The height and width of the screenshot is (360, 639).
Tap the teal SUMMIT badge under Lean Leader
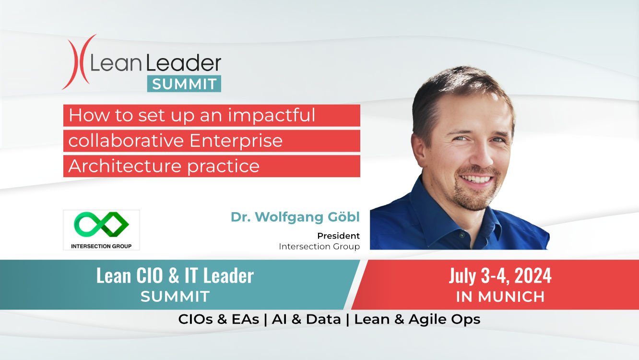pyautogui.click(x=184, y=84)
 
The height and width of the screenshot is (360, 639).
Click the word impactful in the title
pyautogui.click(x=272, y=116)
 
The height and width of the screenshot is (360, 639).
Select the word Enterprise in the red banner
pyautogui.click(x=236, y=141)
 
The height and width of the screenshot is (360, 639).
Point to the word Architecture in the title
pyautogui.click(x=125, y=166)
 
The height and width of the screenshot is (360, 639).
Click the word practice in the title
pyautogui.click(x=224, y=167)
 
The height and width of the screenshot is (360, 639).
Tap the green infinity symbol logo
pyautogui.click(x=101, y=224)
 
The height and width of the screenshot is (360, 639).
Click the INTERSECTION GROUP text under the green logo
pyautogui.click(x=101, y=246)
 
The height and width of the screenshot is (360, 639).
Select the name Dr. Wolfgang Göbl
pyautogui.click(x=295, y=217)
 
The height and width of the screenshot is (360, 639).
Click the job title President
pyautogui.click(x=338, y=236)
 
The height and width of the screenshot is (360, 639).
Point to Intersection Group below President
pyautogui.click(x=319, y=246)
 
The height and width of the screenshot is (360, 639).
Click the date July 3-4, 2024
pyautogui.click(x=500, y=276)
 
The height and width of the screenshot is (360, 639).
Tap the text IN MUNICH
pyautogui.click(x=500, y=297)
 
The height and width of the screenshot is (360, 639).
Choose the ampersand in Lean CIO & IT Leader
pyautogui.click(x=175, y=276)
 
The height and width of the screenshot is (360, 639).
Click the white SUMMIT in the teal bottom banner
pyautogui.click(x=175, y=297)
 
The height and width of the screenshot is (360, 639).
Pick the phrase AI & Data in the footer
pyautogui.click(x=306, y=319)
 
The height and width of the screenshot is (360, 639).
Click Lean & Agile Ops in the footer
pyautogui.click(x=417, y=320)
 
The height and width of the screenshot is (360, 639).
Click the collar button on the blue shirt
pyautogui.click(x=461, y=235)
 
